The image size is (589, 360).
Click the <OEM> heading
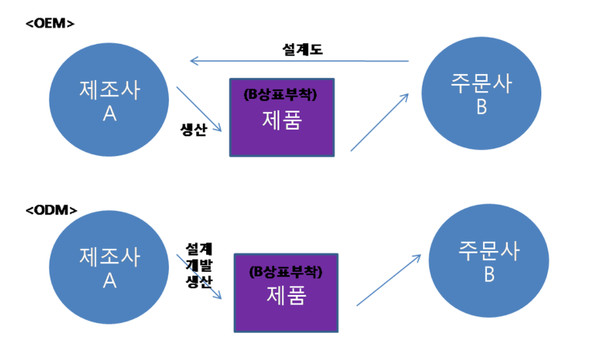(x=50, y=23)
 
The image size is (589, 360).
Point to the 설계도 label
(x=302, y=49)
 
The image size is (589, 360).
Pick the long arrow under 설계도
(x=300, y=61)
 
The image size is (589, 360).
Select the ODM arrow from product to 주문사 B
(x=388, y=280)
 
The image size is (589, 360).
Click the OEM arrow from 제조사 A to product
(x=199, y=109)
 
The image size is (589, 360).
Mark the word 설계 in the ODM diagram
(x=199, y=249)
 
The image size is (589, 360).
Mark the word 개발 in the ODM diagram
(x=199, y=265)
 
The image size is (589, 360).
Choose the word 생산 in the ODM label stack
(x=199, y=282)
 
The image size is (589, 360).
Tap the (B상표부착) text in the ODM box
(x=286, y=272)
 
